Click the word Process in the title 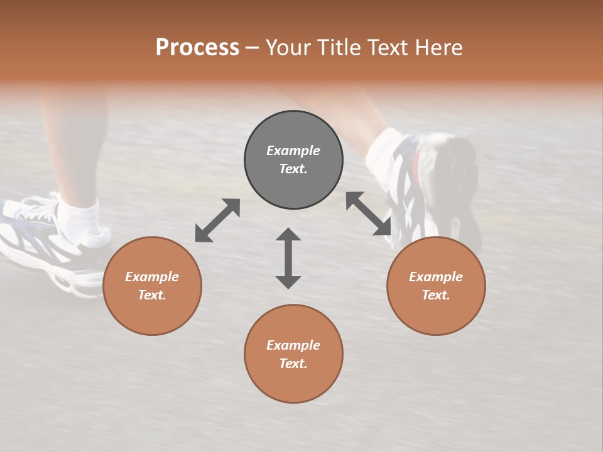click(197, 48)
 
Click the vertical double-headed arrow click(288, 258)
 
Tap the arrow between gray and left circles click(217, 220)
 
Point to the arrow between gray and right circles click(368, 213)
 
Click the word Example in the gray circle click(293, 151)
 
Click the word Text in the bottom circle click(293, 363)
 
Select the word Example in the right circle click(436, 277)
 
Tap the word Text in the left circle click(152, 295)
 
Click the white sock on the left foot click(80, 217)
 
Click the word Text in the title click(389, 48)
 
